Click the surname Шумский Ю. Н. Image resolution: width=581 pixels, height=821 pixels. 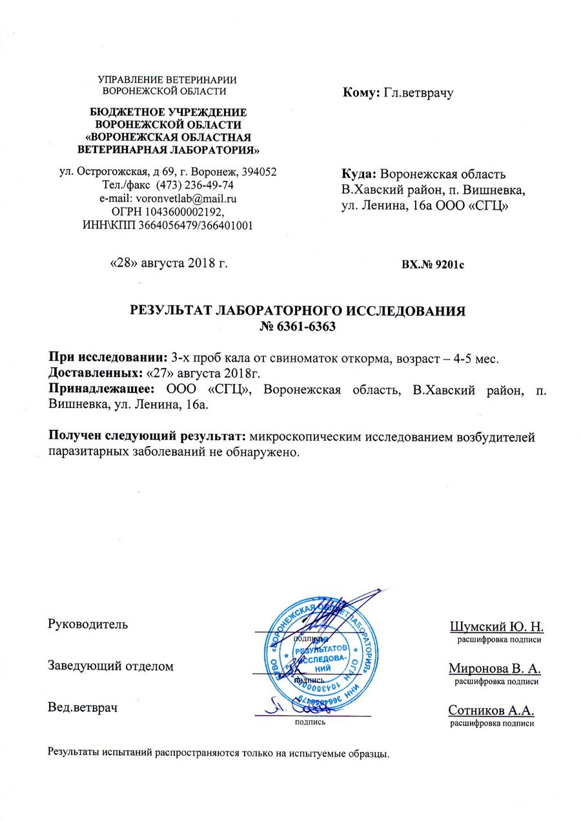[496, 626]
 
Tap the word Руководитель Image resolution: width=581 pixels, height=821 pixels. [88, 624]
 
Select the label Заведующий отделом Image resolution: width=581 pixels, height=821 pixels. [111, 666]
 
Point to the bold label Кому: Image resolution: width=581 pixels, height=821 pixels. [360, 93]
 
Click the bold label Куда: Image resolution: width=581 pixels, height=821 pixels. [359, 174]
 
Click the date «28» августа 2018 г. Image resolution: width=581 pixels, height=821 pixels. [169, 262]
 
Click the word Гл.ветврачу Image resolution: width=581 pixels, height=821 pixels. [418, 93]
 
